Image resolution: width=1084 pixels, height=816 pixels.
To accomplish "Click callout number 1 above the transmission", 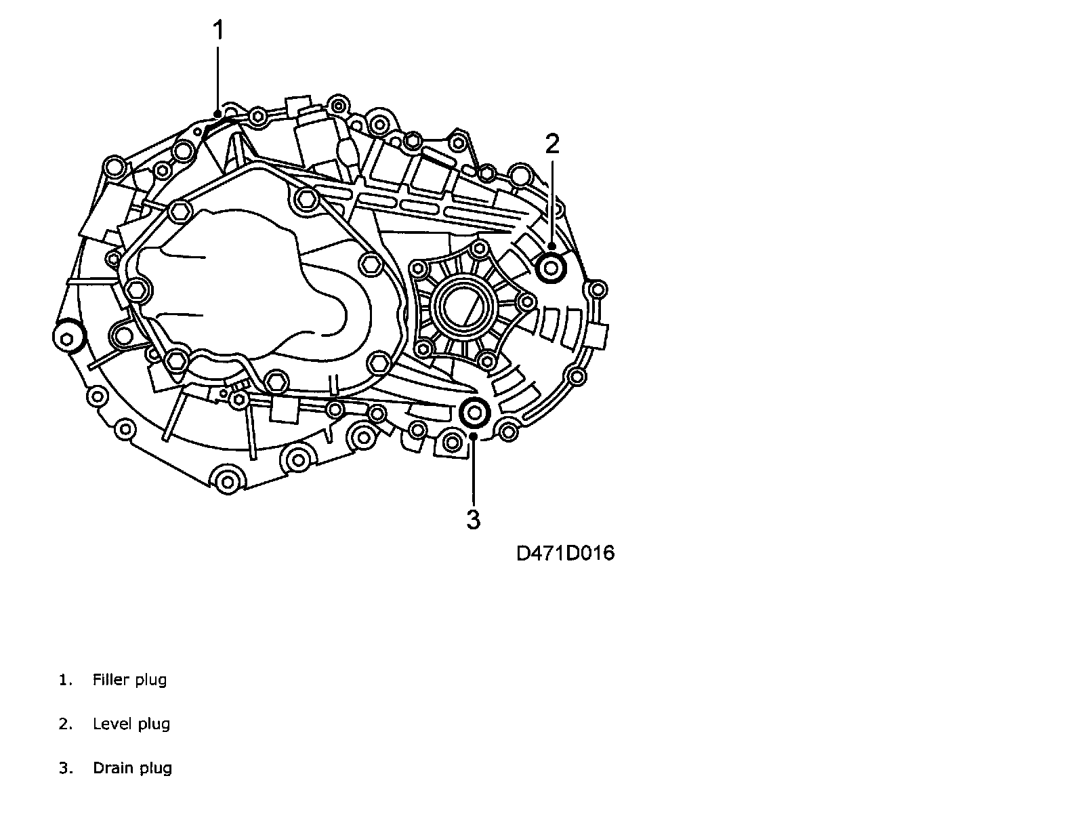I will (218, 30).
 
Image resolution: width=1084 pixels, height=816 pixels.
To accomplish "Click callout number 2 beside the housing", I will (552, 144).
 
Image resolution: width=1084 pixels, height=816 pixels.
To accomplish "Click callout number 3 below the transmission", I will (473, 520).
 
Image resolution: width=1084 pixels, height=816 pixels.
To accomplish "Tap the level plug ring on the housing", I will (551, 268).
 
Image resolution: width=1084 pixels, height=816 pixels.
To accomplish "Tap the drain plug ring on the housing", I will (474, 412).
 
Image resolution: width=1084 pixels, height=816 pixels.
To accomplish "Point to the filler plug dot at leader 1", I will (217, 113).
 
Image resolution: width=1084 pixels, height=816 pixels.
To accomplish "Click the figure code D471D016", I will (565, 553).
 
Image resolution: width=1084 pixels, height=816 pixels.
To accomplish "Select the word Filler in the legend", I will (110, 680).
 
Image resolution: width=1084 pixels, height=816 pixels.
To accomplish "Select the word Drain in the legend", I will (112, 768).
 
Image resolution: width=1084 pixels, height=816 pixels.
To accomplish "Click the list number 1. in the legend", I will (65, 680).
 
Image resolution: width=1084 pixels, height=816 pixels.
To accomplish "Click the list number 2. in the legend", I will (65, 724).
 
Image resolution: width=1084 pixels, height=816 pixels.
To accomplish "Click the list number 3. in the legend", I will (65, 768).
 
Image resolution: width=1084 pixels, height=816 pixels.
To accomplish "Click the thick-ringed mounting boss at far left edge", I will (68, 336).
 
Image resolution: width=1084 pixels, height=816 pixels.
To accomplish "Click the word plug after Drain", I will (156, 769).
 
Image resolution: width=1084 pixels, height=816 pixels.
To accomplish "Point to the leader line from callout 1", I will (218, 75).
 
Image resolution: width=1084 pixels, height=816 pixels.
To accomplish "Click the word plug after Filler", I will (150, 680).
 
